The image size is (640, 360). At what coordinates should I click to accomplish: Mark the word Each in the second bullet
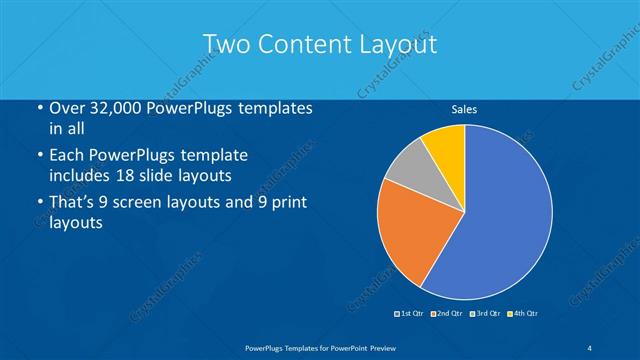pos(68,156)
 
